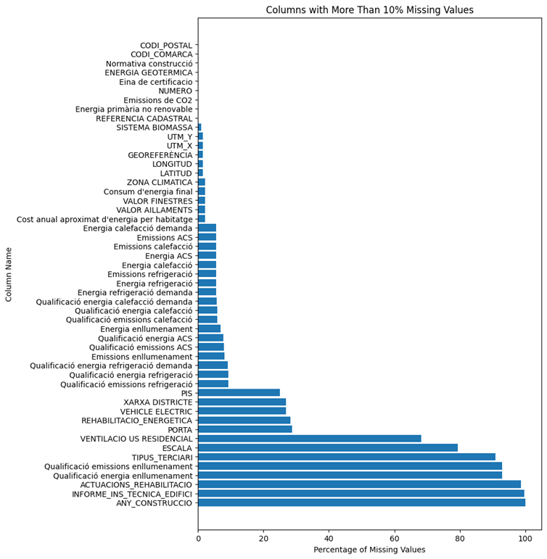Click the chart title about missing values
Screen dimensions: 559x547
coord(369,10)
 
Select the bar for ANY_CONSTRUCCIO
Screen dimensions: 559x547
coord(361,502)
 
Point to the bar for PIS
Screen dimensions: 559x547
coord(239,393)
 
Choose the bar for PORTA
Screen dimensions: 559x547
coord(245,429)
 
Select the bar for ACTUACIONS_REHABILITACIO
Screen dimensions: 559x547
coord(359,484)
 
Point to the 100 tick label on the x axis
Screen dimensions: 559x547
coord(525,539)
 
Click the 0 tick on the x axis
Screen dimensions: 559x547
coord(198,539)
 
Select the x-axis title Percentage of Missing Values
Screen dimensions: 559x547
coord(369,550)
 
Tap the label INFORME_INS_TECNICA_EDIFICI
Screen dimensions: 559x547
coord(132,494)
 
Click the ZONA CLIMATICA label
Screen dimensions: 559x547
coord(160,183)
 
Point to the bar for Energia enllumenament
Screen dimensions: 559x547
coord(209,328)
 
